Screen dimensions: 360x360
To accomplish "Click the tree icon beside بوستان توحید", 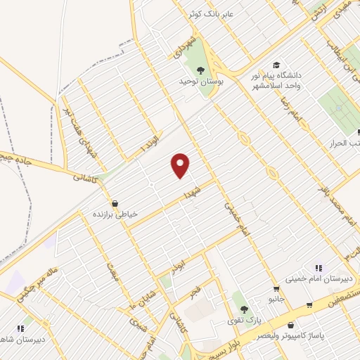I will pyautogui.click(x=201, y=70).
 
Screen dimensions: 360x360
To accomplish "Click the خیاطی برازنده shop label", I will pyautogui.click(x=116, y=212).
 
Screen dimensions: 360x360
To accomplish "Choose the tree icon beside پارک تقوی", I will pyautogui.click(x=243, y=309).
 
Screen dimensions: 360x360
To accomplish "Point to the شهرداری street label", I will pyautogui.click(x=179, y=44).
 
